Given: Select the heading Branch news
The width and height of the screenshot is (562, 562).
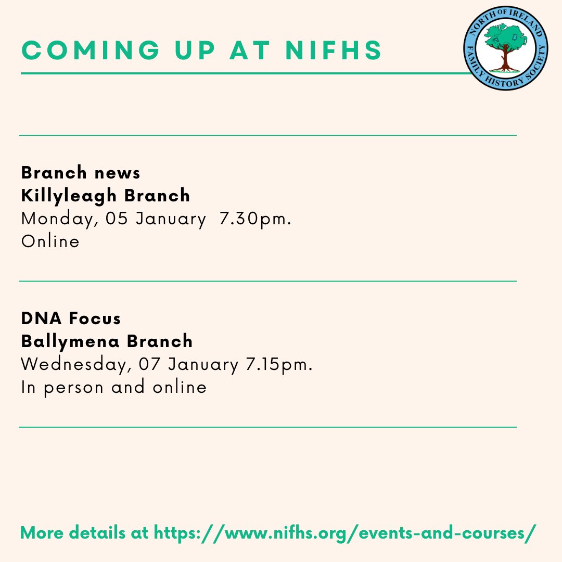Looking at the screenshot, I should tap(81, 172).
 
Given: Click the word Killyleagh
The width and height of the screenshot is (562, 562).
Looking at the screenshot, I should tap(72, 196).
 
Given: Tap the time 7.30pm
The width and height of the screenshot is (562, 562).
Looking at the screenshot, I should tap(255, 219).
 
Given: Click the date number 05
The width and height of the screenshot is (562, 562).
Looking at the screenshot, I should tap(118, 219).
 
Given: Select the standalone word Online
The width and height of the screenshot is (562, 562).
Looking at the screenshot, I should tap(50, 242).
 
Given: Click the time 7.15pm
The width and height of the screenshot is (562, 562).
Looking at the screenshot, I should tap(278, 365).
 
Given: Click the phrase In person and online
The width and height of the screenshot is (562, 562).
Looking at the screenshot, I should tap(113, 388).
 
